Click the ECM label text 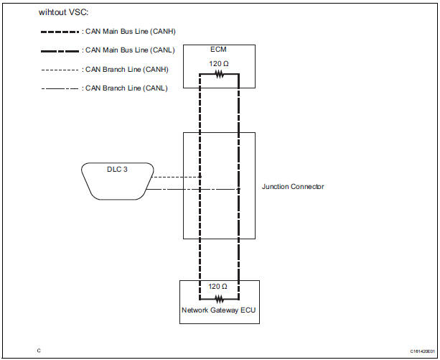(x=218, y=50)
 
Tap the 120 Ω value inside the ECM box (x=219, y=63)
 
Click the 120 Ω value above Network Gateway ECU (x=219, y=286)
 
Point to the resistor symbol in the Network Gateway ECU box (x=219, y=297)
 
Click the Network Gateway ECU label (x=219, y=311)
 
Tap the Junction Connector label (x=293, y=187)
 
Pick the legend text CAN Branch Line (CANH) (x=126, y=70)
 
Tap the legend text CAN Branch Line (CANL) (x=126, y=88)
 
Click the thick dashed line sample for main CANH (x=60, y=31)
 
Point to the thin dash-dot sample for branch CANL (x=60, y=88)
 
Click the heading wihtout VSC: (x=64, y=12)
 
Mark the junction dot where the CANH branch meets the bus (x=200, y=176)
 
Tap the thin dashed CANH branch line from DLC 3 (x=176, y=176)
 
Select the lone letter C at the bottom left (x=39, y=351)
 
